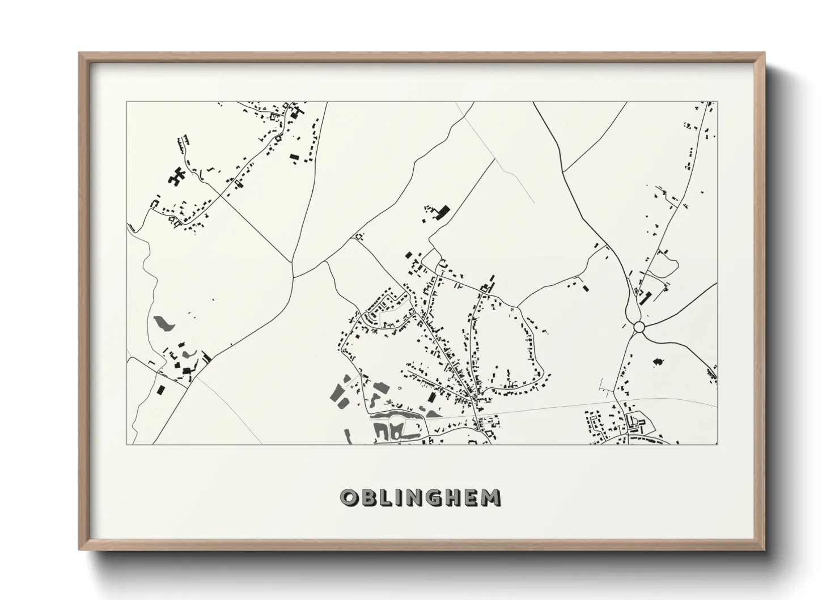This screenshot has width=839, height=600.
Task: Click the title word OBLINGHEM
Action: (420, 497)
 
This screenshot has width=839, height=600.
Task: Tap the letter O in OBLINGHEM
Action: (348, 498)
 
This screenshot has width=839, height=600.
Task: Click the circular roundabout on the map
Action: (638, 327)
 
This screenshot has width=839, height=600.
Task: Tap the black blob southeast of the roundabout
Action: (658, 361)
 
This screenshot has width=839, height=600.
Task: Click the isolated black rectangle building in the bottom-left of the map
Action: (161, 390)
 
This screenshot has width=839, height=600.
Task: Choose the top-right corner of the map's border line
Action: (717, 102)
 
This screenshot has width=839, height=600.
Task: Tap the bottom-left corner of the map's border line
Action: (127, 444)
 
